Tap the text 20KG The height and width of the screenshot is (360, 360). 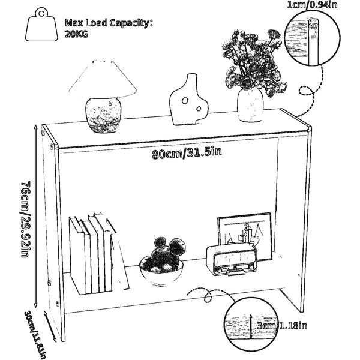tap(76, 34)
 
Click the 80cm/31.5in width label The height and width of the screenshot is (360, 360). tap(187, 152)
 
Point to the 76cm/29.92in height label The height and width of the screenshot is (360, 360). tap(25, 219)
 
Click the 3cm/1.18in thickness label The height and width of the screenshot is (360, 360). tap(282, 325)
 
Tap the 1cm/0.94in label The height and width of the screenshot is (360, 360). tap(312, 5)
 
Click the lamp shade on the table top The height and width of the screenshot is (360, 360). tap(103, 79)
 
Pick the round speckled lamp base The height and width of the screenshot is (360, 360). tap(103, 115)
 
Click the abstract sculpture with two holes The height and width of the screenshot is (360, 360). tap(188, 100)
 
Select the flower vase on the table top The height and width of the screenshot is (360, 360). tap(250, 104)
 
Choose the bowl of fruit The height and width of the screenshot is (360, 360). tap(162, 262)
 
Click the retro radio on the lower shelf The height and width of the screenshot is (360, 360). tap(232, 259)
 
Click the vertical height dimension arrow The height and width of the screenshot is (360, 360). tap(35, 216)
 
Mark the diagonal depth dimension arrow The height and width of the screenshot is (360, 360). tap(50, 326)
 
